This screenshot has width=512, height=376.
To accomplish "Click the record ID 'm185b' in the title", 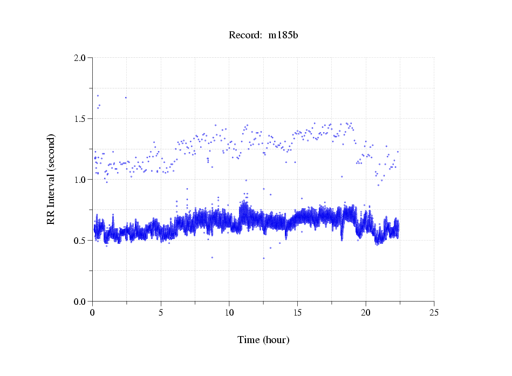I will tap(283, 36).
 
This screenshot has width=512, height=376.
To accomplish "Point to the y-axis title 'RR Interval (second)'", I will tap(51, 179).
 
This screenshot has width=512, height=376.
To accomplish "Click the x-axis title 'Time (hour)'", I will tap(263, 340).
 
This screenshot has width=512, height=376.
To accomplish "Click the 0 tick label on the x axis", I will tap(92, 312).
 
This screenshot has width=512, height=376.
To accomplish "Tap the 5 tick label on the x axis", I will tap(161, 312).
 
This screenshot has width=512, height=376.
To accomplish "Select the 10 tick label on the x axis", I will tap(229, 312).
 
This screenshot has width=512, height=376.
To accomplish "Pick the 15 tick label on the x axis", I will tap(297, 312).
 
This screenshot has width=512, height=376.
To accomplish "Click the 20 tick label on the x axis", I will tap(366, 312).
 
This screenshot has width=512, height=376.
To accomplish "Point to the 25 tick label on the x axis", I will tap(434, 312).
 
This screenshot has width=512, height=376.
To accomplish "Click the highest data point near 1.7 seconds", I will tap(98, 95).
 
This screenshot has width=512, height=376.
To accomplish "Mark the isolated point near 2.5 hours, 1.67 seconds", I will tap(126, 98).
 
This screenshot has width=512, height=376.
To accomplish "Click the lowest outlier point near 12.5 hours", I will tap(263, 258).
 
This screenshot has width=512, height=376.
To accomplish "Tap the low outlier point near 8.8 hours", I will tap(212, 257).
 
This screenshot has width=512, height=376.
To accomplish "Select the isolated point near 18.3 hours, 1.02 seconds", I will tap(342, 176).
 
